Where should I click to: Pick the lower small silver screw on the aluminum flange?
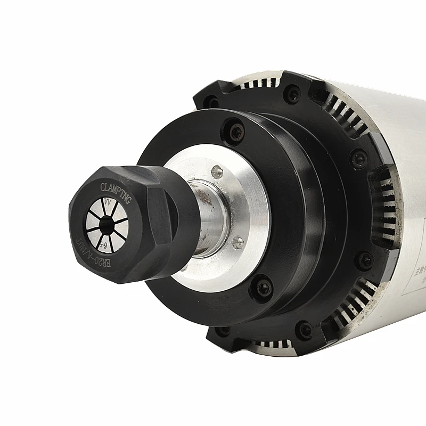[x=237, y=242]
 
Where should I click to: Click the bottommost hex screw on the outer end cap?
[x=305, y=330]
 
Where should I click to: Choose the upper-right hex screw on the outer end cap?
[x=360, y=159]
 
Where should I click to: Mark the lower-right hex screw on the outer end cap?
[x=365, y=260]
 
